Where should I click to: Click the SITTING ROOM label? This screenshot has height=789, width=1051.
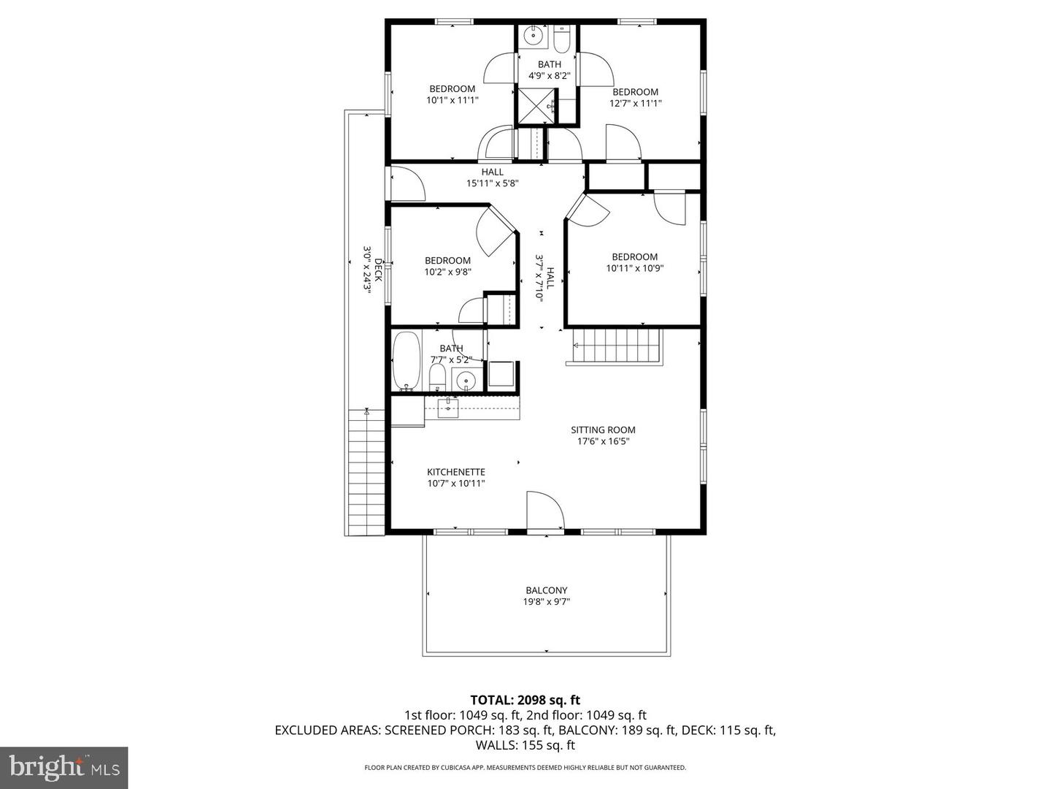pos(603,430)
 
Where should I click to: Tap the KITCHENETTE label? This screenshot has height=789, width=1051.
pos(456,472)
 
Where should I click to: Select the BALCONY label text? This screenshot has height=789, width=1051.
pos(546,590)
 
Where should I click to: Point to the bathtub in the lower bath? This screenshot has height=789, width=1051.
pos(407,361)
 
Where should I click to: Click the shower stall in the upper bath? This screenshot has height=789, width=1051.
pos(535,105)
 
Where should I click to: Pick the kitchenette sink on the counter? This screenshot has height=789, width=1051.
pos(447,408)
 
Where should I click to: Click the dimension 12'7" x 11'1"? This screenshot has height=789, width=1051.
pos(635,104)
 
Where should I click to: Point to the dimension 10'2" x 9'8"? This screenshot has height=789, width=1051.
pos(447,272)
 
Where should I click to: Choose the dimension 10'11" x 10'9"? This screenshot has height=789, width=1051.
pos(634,268)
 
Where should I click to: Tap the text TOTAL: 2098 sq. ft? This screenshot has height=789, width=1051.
pos(525,700)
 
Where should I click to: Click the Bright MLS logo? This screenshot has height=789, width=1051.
pos(64,767)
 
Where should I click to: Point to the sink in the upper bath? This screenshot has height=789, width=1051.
pos(534,35)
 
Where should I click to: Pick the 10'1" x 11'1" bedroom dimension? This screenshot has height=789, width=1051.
pos(452,100)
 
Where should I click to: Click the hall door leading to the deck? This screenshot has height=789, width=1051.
pos(405,183)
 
